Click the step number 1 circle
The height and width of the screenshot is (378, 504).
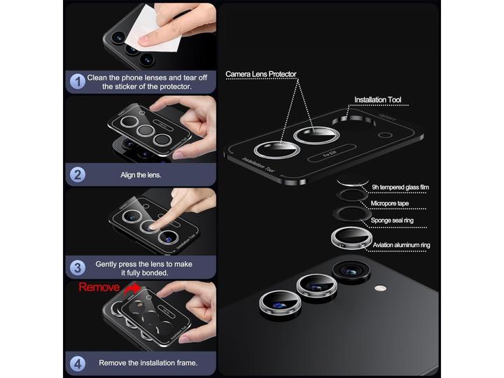[76, 82]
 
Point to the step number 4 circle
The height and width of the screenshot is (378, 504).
[76, 363]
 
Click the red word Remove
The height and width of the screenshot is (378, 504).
[99, 287]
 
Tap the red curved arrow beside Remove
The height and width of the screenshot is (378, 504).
[129, 286]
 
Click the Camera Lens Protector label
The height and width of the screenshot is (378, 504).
[261, 73]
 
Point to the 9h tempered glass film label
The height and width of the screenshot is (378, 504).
[400, 187]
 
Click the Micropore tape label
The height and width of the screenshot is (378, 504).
[390, 204]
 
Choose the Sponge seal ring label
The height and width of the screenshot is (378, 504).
[393, 220]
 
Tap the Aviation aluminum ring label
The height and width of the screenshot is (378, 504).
[400, 245]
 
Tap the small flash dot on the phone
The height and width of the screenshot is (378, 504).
[380, 288]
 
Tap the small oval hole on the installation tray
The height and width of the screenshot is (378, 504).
[383, 135]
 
